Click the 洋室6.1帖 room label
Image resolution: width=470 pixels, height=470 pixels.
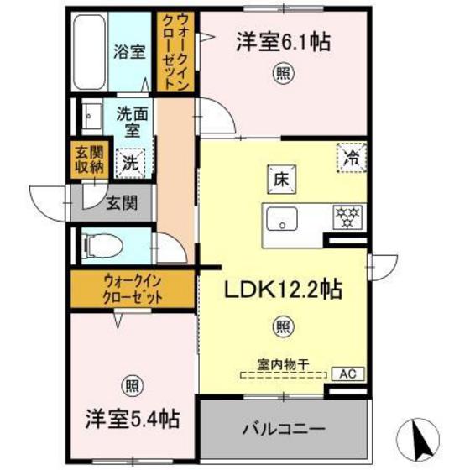point(281,42)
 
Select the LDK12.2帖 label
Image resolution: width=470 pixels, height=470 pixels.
point(281,290)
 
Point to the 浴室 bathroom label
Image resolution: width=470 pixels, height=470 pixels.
point(129,50)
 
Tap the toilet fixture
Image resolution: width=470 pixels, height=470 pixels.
point(102,245)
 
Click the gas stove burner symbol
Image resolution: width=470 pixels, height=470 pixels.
point(345,217)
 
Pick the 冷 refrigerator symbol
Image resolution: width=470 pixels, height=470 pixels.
point(351,156)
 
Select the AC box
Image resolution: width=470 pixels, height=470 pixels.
point(345,375)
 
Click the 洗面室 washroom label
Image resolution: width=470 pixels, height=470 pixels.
point(130,121)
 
